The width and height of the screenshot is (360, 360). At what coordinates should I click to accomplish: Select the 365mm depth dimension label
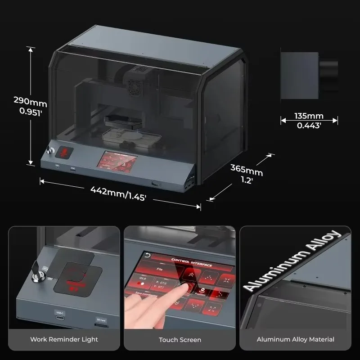tap(247, 171)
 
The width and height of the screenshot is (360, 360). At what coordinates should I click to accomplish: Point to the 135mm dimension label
tap(309, 116)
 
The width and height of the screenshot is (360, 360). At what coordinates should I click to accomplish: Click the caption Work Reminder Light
tap(64, 339)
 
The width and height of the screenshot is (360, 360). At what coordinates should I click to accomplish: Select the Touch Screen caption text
tap(180, 339)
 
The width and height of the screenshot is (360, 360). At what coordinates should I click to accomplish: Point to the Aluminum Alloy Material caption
tap(295, 339)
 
